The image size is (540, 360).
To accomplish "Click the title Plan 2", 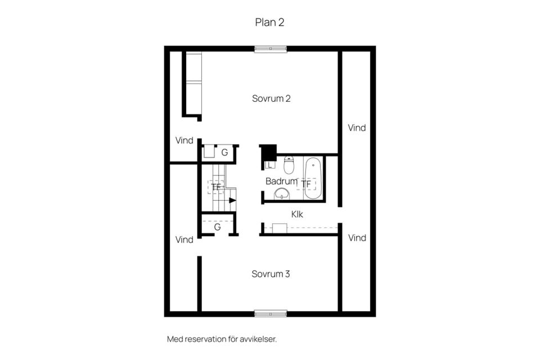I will tap(270, 22).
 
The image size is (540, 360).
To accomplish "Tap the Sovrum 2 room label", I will tap(271, 98).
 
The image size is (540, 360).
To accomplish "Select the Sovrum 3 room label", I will tap(271, 274).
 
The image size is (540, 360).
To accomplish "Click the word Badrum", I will tap(281, 181).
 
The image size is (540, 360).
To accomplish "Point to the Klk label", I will tap(298, 214).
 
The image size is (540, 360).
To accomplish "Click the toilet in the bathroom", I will tap(289, 165).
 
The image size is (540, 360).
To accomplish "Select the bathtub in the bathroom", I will tap(313, 178).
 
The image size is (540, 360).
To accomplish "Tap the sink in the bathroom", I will tap(282, 194).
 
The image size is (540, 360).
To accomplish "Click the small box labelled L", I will tap(269, 165).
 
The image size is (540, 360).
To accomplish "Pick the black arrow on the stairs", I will tap(232, 200).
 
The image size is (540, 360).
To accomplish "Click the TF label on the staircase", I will tap(216, 187).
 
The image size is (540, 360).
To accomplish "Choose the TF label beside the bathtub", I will tap(306, 184).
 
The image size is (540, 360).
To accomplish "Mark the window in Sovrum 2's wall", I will tap(270, 49).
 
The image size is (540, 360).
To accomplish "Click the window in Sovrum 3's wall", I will tap(270, 313).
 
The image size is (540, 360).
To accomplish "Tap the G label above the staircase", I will tap(224, 152).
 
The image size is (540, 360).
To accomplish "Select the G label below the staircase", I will tap(217, 228).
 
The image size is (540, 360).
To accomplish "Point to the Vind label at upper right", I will tap(357, 128).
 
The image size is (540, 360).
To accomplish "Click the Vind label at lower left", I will tap(184, 240).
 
